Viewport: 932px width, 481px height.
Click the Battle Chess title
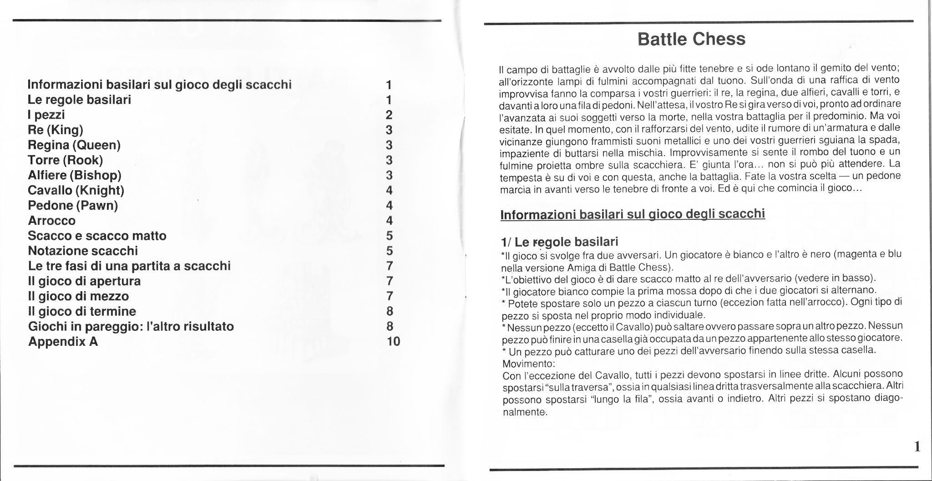tap(691, 39)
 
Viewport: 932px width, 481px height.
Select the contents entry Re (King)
tap(56, 130)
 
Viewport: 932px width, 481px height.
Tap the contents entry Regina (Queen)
tap(74, 145)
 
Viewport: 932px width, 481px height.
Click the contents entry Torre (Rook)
tap(66, 160)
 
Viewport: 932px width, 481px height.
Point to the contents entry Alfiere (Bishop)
tap(75, 175)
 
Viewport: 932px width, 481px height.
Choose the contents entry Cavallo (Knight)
tap(76, 190)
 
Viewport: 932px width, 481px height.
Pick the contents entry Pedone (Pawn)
tap(73, 205)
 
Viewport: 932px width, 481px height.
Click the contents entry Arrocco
tap(51, 221)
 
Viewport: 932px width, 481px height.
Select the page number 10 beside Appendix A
tap(393, 341)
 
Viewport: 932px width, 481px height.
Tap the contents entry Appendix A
tap(63, 341)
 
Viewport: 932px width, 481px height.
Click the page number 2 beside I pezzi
tap(389, 115)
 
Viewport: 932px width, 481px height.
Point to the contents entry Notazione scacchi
tap(83, 251)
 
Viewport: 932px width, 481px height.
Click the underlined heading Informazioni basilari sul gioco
tap(633, 214)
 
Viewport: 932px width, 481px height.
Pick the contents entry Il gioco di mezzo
tap(78, 296)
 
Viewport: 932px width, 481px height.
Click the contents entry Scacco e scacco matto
tap(97, 236)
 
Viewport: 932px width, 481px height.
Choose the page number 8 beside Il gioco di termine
tap(389, 311)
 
